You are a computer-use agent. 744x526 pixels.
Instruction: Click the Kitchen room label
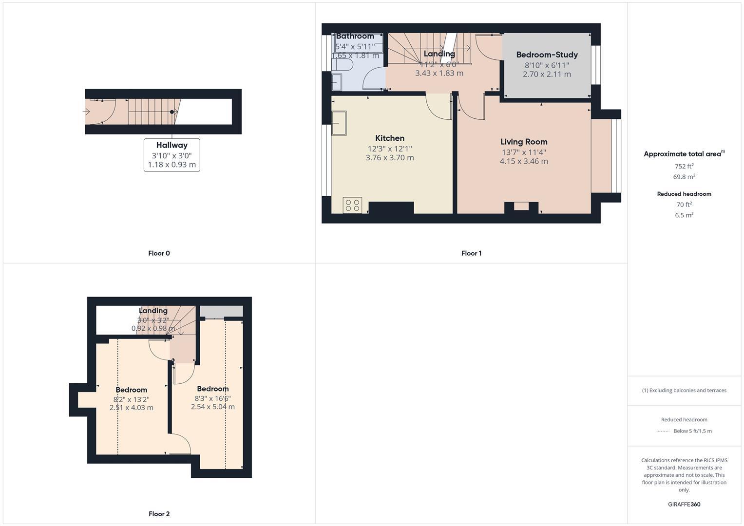coord(390,138)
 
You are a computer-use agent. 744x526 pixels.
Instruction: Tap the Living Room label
coord(524,142)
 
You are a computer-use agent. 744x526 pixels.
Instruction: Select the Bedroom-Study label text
coord(547,55)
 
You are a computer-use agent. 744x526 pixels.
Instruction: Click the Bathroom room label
coord(355,36)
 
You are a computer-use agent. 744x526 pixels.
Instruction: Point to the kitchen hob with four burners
coord(352,205)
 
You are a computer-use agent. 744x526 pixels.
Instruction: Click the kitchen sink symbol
coord(339,123)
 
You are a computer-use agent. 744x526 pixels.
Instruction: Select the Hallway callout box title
coord(172,145)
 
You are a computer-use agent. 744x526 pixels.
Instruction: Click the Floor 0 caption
coord(159,253)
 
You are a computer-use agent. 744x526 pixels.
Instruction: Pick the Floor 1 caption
coord(471,253)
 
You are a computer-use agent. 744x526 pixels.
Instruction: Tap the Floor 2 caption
coord(159,514)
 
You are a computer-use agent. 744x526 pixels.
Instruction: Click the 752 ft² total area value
coord(684,166)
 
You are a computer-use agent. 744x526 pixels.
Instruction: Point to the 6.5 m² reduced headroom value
coord(684,215)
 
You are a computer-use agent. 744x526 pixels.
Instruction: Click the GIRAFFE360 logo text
coord(684,505)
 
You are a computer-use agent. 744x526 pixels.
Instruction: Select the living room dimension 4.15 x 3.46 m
coord(524,161)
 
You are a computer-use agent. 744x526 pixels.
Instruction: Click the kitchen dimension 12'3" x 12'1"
coord(390,149)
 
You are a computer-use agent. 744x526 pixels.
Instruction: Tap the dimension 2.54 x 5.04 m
coord(212,407)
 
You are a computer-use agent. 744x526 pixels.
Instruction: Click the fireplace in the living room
coord(521,207)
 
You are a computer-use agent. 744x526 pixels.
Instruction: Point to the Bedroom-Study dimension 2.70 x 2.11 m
coord(547,75)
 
